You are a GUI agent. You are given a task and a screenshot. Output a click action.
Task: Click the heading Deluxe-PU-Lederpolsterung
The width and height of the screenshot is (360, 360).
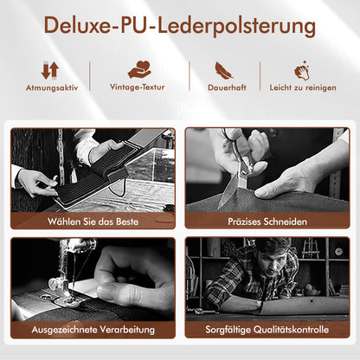click(x=179, y=26)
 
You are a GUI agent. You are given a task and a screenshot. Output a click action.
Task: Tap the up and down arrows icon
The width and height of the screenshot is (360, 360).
click(x=50, y=70)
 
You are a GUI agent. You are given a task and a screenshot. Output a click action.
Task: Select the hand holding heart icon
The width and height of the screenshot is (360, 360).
click(x=139, y=69)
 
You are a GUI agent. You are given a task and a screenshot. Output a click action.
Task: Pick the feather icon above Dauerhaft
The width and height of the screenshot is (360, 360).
click(x=224, y=70)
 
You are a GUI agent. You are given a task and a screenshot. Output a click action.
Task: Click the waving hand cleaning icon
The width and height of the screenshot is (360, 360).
click(x=302, y=71)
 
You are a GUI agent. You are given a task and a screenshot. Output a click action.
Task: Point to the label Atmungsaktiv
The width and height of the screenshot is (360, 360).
click(x=52, y=87)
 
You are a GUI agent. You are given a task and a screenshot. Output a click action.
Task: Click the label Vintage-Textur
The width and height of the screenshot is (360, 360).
click(x=138, y=87)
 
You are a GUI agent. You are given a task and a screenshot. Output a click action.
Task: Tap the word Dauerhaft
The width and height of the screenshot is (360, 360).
click(x=227, y=87)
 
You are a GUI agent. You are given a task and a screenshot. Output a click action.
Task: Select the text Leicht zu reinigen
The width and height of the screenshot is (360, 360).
click(x=303, y=87)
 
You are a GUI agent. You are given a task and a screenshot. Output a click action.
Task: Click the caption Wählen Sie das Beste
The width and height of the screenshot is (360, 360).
click(x=93, y=222)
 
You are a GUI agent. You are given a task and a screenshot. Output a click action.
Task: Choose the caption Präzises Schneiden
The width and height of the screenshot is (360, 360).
click(x=267, y=222)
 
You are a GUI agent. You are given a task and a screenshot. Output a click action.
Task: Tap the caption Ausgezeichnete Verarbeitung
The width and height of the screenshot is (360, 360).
click(x=93, y=330)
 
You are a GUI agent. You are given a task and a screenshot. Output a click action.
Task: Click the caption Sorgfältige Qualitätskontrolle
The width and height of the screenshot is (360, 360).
click(x=267, y=330)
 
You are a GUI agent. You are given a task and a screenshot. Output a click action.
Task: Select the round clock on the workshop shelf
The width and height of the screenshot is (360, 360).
click(x=338, y=251)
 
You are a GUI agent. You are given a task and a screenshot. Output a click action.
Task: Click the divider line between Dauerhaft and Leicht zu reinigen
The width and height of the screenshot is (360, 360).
click(x=260, y=76)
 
